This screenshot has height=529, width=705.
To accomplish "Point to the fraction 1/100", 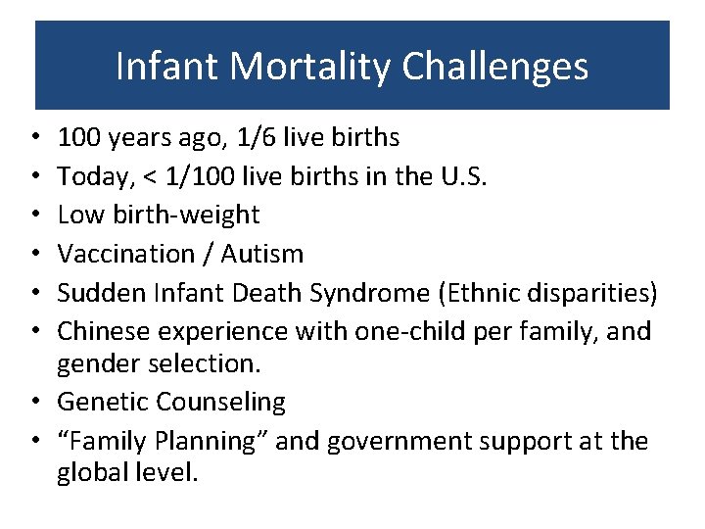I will click(x=200, y=176).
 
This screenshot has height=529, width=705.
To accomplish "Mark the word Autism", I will click(x=262, y=254).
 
